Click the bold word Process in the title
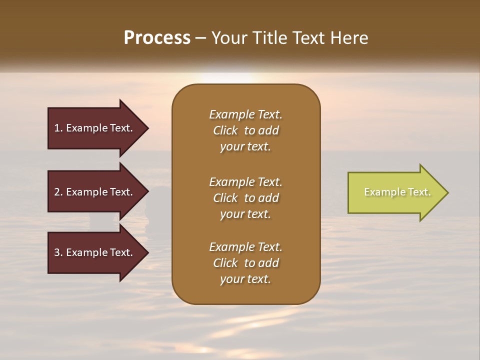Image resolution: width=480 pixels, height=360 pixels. [157, 38]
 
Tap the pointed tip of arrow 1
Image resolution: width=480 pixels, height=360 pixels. [147, 128]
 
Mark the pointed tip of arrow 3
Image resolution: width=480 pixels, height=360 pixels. [147, 252]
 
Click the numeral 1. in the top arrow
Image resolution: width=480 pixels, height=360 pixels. [58, 128]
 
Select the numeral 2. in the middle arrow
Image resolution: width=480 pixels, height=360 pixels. [58, 192]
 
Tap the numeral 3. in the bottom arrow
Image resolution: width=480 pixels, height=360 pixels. [58, 252]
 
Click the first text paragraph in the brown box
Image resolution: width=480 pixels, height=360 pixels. [245, 130]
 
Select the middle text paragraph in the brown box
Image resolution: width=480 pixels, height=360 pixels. [245, 198]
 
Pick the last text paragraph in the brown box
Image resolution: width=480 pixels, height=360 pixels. [245, 263]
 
